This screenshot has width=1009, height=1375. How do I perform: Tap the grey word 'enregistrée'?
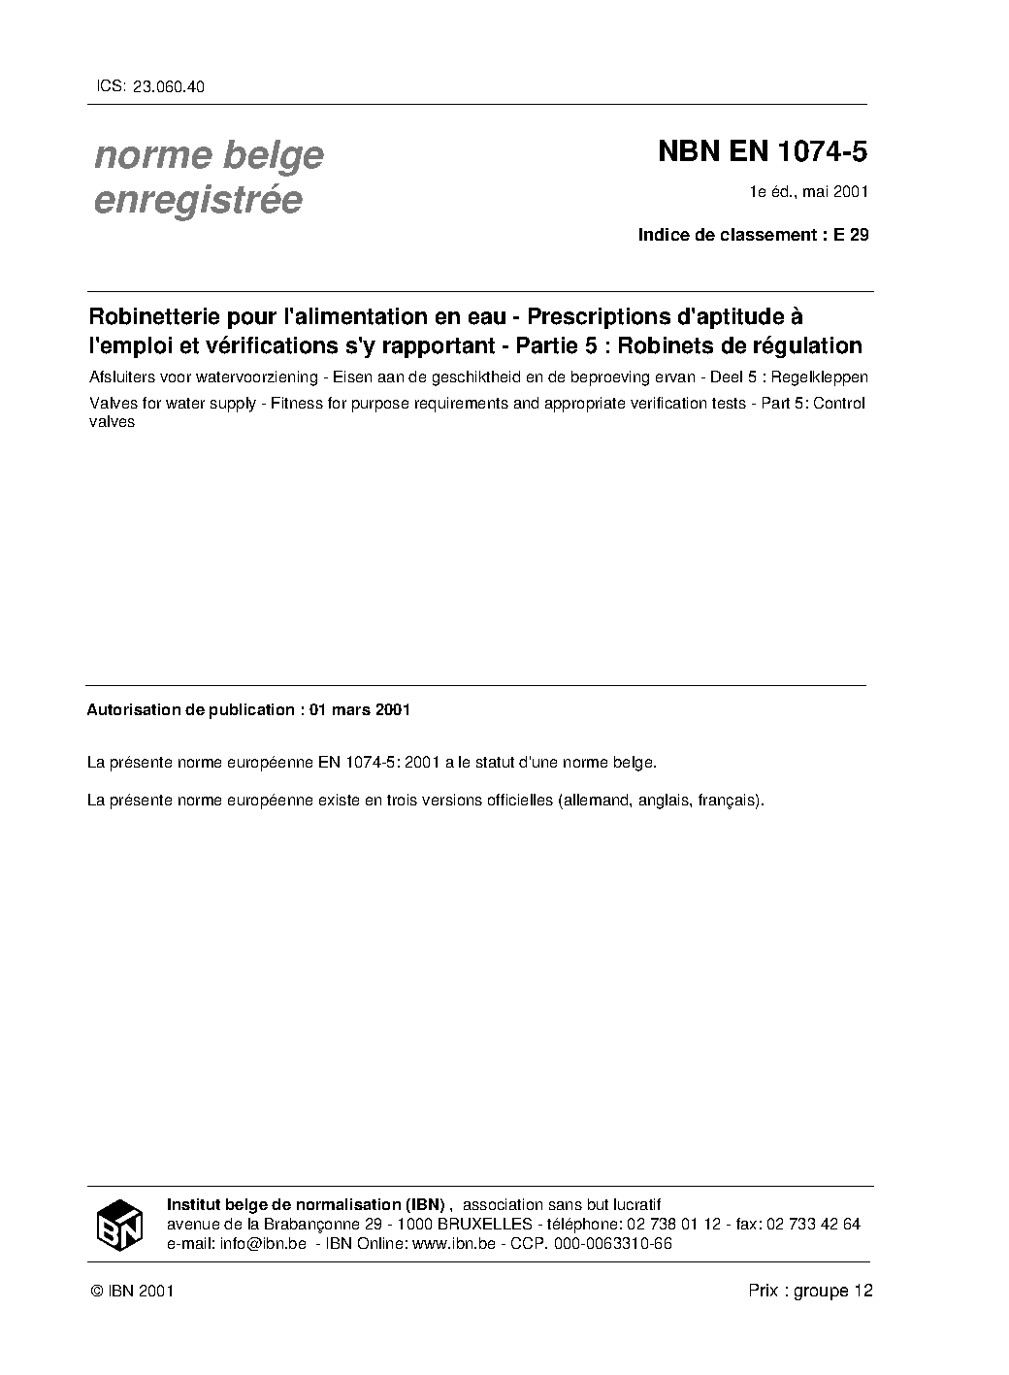pyautogui.click(x=198, y=200)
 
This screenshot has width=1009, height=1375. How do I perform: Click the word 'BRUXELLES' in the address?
pyautogui.click(x=481, y=1225)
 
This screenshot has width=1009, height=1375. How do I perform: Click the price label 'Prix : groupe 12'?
pyautogui.click(x=810, y=1291)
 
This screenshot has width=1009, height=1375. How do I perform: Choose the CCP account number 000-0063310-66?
pyautogui.click(x=612, y=1244)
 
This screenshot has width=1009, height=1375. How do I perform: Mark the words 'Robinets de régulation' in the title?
pyautogui.click(x=739, y=345)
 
